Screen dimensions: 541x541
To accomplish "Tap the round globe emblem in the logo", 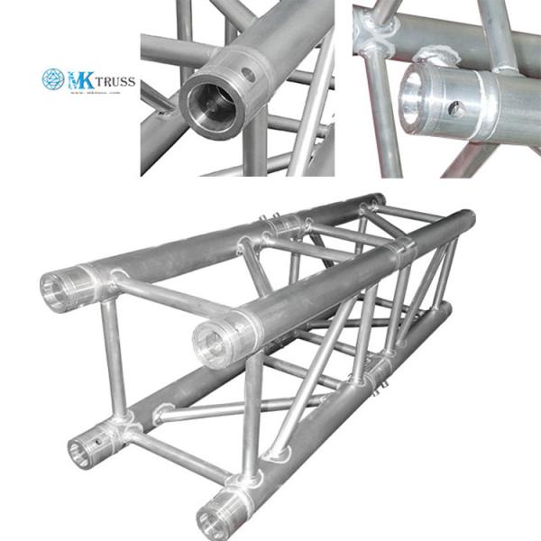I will click(54, 80).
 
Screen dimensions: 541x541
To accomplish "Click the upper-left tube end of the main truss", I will click(56, 290).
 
